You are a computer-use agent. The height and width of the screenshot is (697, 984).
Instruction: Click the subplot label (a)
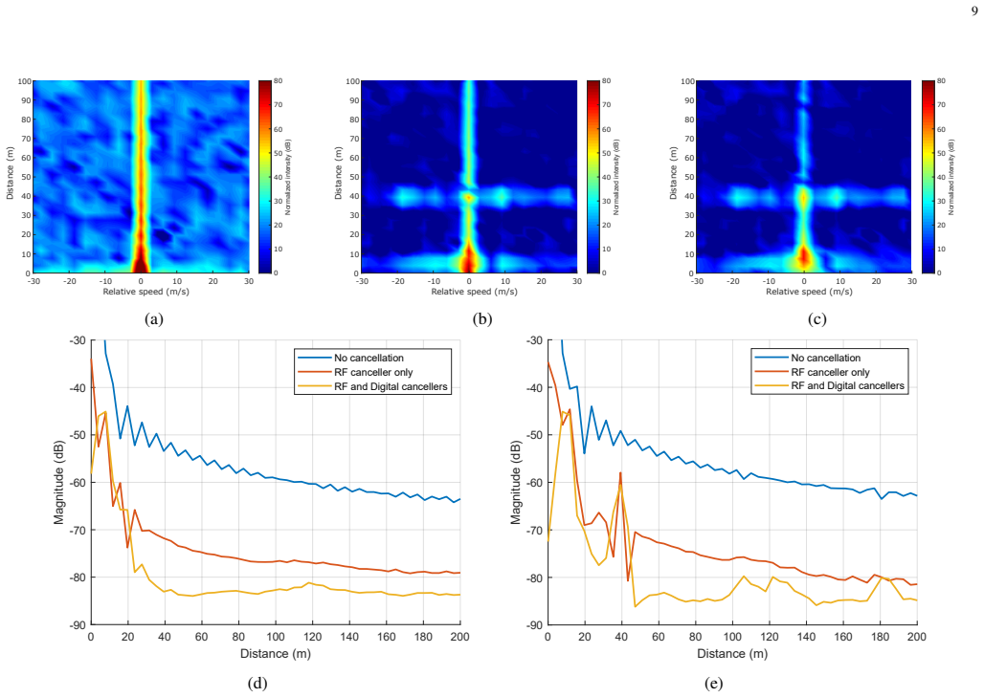154,319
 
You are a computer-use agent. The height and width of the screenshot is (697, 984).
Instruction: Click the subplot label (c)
817,319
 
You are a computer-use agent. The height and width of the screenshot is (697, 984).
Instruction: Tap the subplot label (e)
713,684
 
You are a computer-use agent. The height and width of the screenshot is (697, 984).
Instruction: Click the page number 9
974,11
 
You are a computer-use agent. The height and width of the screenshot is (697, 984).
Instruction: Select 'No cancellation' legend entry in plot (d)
369,358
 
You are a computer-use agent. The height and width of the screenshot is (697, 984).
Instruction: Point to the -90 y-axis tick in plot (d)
78,625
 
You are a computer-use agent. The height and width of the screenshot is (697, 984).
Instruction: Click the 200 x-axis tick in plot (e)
917,637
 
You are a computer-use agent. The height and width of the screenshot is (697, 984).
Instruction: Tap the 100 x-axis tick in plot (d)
276,637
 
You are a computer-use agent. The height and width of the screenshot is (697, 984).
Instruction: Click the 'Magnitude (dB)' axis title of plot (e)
516,483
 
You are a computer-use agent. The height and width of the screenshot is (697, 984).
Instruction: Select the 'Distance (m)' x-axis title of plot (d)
276,654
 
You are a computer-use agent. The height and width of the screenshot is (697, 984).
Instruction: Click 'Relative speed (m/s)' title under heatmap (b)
475,292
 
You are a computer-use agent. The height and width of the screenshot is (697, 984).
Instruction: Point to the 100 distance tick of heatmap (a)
25,81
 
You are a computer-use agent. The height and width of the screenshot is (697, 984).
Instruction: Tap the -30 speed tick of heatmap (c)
697,281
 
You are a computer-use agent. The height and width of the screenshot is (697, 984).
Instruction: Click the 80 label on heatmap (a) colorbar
278,81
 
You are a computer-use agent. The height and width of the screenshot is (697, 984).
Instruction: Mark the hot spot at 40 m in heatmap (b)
468,198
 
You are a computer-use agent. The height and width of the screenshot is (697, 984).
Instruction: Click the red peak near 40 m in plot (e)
620,473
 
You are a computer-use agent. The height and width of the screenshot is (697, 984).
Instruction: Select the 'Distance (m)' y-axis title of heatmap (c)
673,174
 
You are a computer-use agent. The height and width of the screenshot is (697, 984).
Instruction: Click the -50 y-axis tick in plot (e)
534,435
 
